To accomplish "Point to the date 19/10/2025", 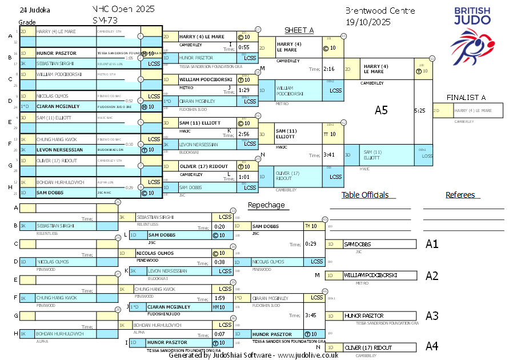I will pyautogui.click(x=368, y=22).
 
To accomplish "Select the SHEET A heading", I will pyautogui.click(x=299, y=30).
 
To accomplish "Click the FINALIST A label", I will pyautogui.click(x=466, y=98).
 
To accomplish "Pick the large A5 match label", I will pyautogui.click(x=381, y=110).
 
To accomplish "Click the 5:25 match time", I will pyautogui.click(x=420, y=110).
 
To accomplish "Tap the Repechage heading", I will pyautogui.click(x=266, y=205).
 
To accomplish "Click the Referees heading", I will pyautogui.click(x=460, y=195).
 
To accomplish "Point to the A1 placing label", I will pyautogui.click(x=432, y=244).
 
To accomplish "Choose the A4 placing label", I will pyautogui.click(x=432, y=346).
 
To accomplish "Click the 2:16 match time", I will pyautogui.click(x=328, y=69).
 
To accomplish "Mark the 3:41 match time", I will pyautogui.click(x=328, y=155).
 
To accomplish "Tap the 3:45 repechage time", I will pyautogui.click(x=311, y=315).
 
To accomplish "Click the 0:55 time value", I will pyautogui.click(x=244, y=47).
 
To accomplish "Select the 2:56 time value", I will pyautogui.click(x=244, y=134).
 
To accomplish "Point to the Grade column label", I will pyautogui.click(x=27, y=22).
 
